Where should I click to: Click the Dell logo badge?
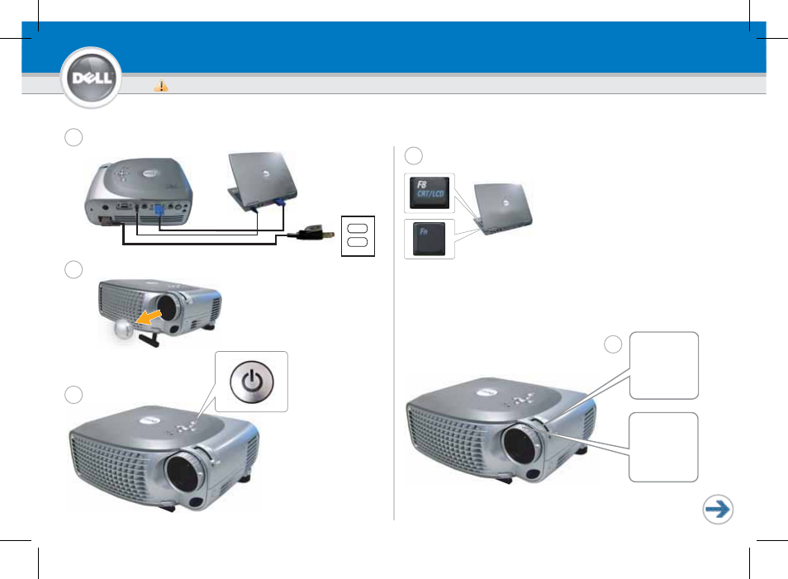[x=91, y=78]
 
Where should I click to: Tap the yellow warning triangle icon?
[x=161, y=85]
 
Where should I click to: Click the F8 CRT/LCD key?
[x=430, y=192]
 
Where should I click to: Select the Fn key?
[x=429, y=238]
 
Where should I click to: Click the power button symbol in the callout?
[x=252, y=382]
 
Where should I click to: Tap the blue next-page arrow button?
[x=718, y=509]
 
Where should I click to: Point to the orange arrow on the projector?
[x=150, y=316]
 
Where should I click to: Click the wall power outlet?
[x=358, y=235]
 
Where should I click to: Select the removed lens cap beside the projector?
[x=124, y=329]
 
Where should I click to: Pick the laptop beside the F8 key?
[x=503, y=208]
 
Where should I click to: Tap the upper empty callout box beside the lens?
[x=664, y=365]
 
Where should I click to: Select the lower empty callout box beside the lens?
[x=663, y=448]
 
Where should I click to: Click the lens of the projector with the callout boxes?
[x=521, y=444]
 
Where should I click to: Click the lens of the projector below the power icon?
[x=185, y=473]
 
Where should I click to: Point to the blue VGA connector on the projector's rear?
[x=159, y=209]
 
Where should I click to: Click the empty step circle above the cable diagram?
[x=74, y=137]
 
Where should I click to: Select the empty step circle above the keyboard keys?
[x=414, y=156]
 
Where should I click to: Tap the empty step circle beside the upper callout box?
[x=613, y=344]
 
